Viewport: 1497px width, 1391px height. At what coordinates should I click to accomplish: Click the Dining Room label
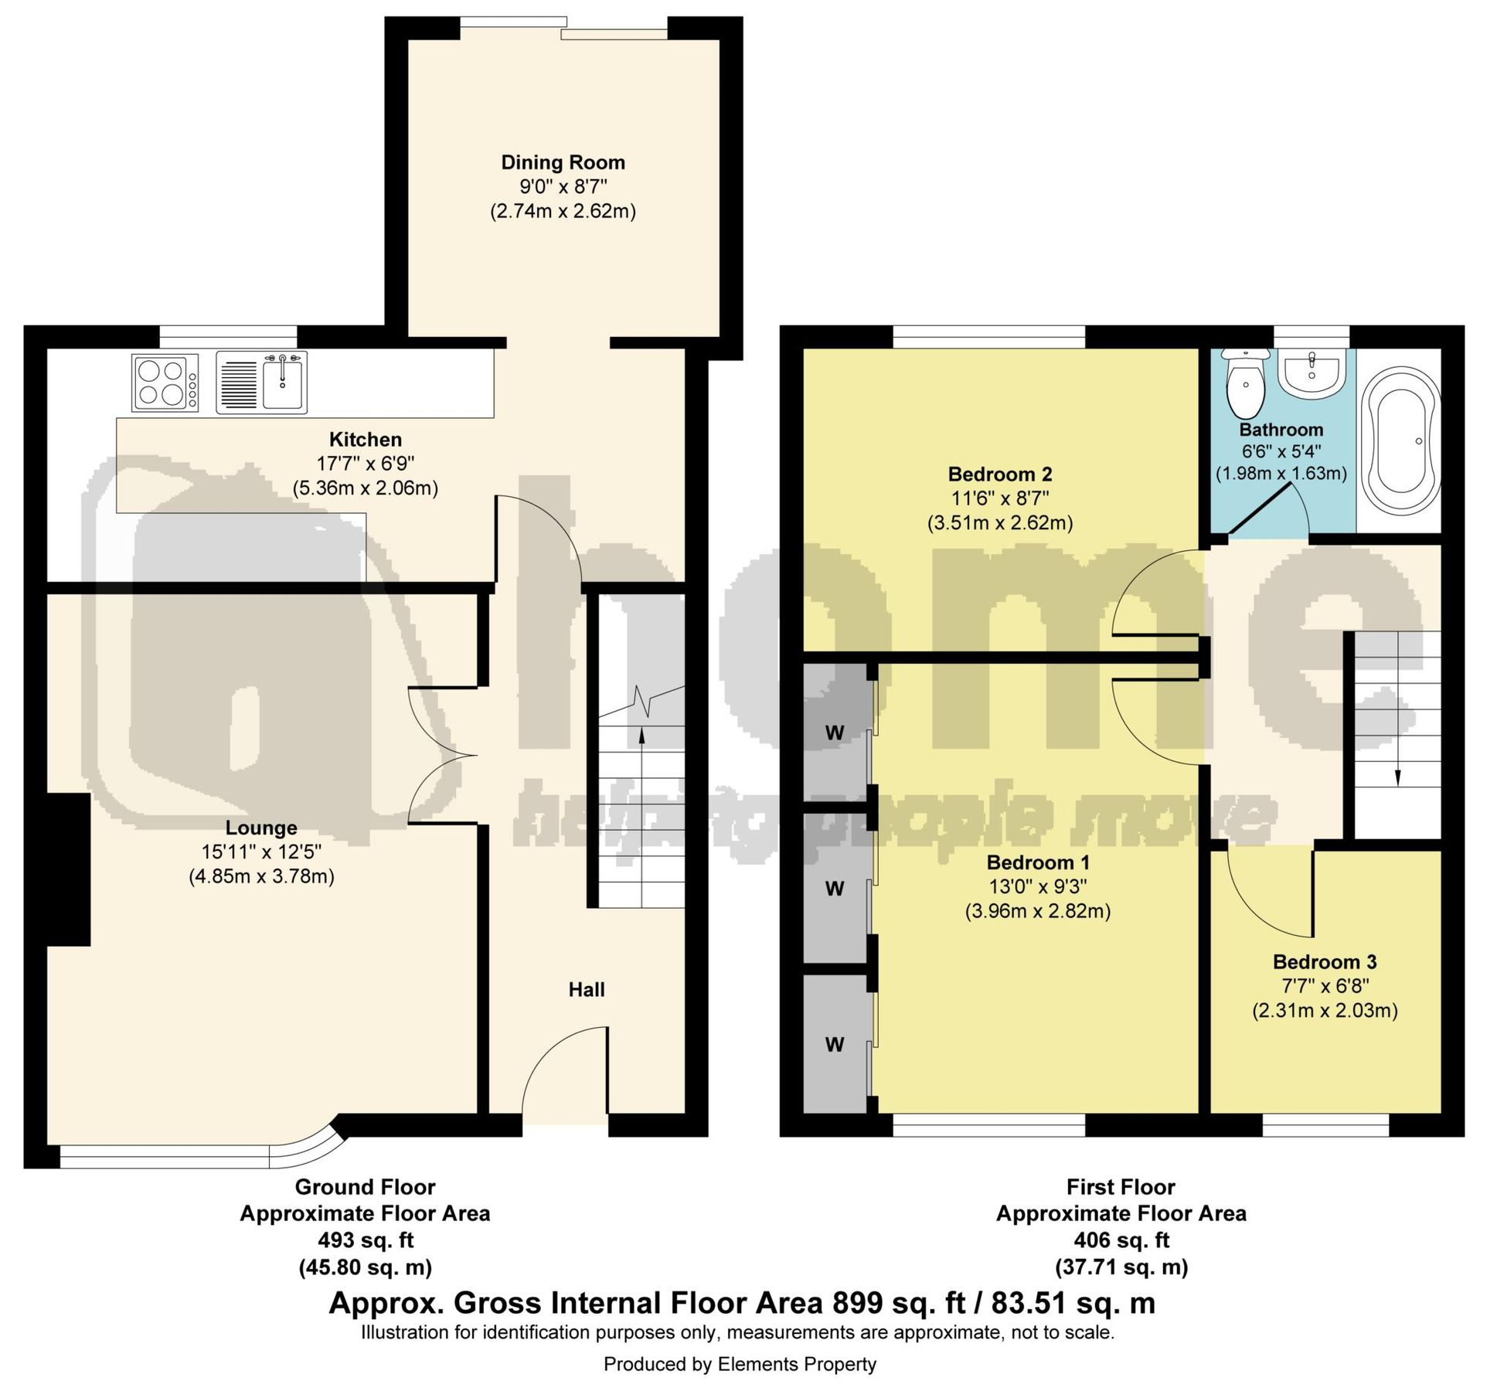click(x=563, y=162)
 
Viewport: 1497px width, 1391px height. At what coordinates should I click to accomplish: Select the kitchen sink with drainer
click(x=262, y=382)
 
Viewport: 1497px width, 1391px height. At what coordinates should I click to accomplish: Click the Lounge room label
click(x=261, y=828)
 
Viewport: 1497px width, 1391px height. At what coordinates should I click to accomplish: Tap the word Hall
click(x=587, y=989)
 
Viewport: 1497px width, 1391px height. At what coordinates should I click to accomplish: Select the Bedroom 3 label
click(x=1325, y=961)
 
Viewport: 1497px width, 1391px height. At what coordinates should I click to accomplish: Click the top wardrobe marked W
click(x=835, y=732)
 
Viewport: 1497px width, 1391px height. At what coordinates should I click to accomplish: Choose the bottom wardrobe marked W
click(x=835, y=1045)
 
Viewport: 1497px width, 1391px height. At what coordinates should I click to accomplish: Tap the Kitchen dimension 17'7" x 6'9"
click(x=366, y=464)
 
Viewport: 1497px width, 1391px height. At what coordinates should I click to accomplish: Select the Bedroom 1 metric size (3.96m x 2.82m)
click(x=1038, y=911)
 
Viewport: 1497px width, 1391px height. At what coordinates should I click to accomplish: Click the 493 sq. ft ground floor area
click(x=366, y=1240)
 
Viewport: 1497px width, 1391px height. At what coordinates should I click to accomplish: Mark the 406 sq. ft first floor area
click(x=1121, y=1240)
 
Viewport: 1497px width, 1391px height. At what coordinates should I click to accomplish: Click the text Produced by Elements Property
click(x=740, y=1364)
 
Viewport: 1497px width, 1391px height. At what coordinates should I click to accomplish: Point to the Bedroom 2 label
click(x=1000, y=474)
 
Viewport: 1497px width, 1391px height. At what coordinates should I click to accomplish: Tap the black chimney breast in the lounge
click(x=68, y=869)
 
